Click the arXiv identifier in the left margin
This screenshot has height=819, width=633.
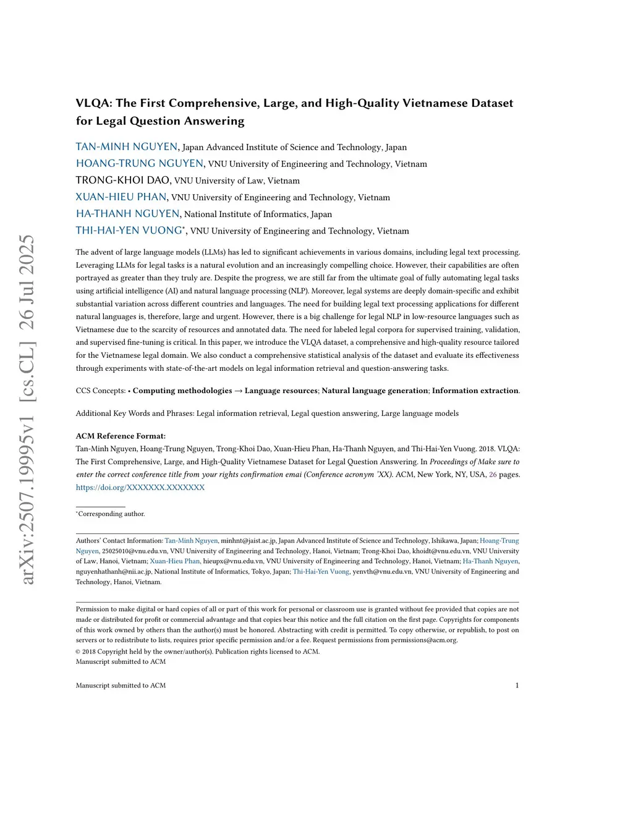(x=28, y=409)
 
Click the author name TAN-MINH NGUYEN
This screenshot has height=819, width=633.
(x=127, y=147)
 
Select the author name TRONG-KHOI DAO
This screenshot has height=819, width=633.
(x=123, y=180)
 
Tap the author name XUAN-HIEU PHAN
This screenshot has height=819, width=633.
(x=121, y=197)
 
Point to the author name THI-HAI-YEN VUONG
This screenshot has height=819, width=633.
(x=129, y=231)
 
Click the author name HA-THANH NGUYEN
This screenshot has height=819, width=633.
(x=128, y=214)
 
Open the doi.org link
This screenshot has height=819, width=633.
(x=140, y=488)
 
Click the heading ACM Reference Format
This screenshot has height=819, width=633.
(x=121, y=436)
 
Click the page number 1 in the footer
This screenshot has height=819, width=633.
(x=517, y=685)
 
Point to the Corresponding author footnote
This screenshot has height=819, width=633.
(x=111, y=514)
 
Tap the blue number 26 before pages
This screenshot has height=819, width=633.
(x=493, y=475)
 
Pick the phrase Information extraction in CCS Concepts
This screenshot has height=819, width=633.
(x=475, y=391)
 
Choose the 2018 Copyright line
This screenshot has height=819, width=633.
(x=198, y=651)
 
